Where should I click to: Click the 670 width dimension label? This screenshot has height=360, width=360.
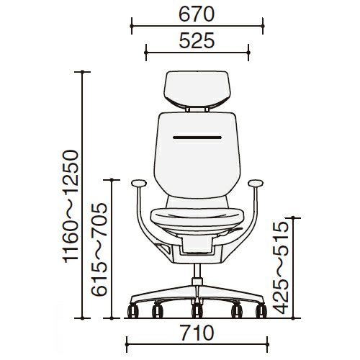[197, 14]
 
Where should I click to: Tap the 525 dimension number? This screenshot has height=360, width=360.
[197, 40]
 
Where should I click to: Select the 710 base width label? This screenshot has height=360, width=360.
[197, 333]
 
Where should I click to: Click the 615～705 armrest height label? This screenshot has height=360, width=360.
[99, 249]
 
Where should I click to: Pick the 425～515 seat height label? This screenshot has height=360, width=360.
[281, 268]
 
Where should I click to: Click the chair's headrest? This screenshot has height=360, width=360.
[197, 89]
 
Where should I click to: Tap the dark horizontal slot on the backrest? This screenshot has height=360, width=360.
[197, 138]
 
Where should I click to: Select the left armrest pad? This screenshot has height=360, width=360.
[139, 184]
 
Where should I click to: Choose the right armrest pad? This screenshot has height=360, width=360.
[256, 184]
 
